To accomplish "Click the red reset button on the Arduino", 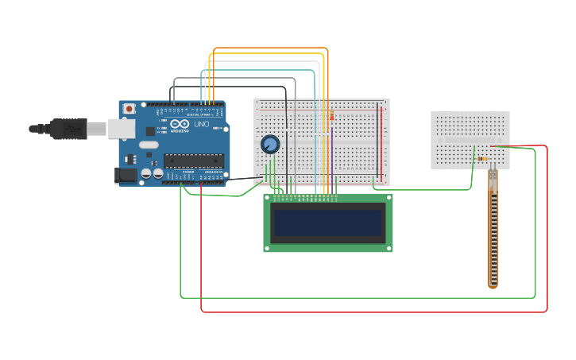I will pyautogui.click(x=129, y=109).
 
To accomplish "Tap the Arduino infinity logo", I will pyautogui.click(x=179, y=125).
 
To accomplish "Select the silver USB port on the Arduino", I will pyautogui.click(x=121, y=128).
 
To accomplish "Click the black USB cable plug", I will pyautogui.click(x=68, y=128).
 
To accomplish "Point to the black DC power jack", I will pyautogui.click(x=126, y=175).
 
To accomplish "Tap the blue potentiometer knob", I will pyautogui.click(x=270, y=144).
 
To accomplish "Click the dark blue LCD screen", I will pyautogui.click(x=327, y=223).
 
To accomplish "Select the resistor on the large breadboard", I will pyautogui.click(x=331, y=118).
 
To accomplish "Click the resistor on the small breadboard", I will pyautogui.click(x=484, y=158).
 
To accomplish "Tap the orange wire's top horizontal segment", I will pyautogui.click(x=270, y=48).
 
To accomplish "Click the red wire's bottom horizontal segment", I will pyautogui.click(x=373, y=312).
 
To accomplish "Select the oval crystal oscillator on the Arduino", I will pyautogui.click(x=149, y=145).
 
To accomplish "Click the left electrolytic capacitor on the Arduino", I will pyautogui.click(x=146, y=172).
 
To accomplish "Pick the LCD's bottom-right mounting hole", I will pyautogui.click(x=389, y=249).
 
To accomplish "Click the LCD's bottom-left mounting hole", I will pyautogui.click(x=267, y=249).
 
